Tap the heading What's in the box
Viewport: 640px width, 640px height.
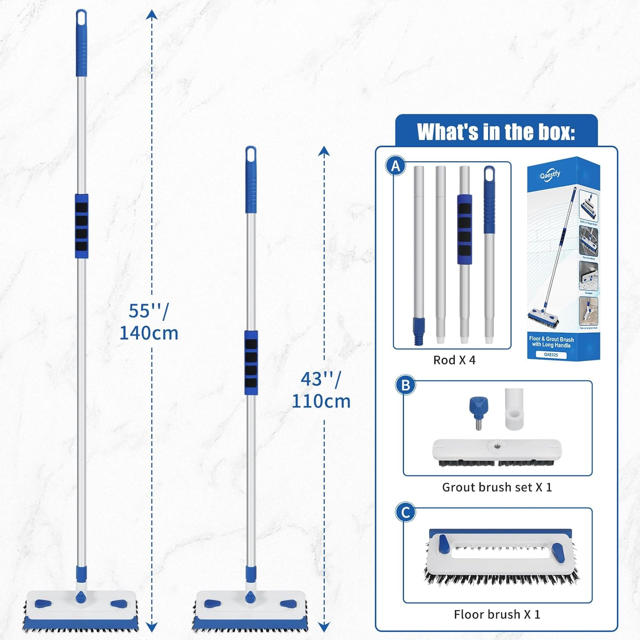tap(496, 132)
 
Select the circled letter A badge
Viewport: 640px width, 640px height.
tap(396, 166)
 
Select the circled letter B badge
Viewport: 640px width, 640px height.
tap(405, 385)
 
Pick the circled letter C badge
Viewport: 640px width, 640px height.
tap(405, 512)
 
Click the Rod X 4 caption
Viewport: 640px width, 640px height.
tap(454, 360)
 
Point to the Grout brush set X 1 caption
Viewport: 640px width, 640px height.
tap(497, 487)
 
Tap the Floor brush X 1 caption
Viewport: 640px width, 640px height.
tap(497, 614)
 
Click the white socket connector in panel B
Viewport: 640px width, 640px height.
tap(514, 410)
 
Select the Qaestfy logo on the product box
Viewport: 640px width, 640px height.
tap(550, 175)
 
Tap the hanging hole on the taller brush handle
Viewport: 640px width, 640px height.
tap(81, 17)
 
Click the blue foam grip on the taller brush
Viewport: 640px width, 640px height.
tap(81, 226)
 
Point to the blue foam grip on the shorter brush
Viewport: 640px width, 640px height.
tap(251, 363)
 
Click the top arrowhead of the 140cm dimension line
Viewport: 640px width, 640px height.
tap(151, 15)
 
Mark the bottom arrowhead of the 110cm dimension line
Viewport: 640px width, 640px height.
tap(324, 626)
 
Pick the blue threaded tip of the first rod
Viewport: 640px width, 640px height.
tap(419, 331)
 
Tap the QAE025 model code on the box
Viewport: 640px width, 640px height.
tap(551, 355)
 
